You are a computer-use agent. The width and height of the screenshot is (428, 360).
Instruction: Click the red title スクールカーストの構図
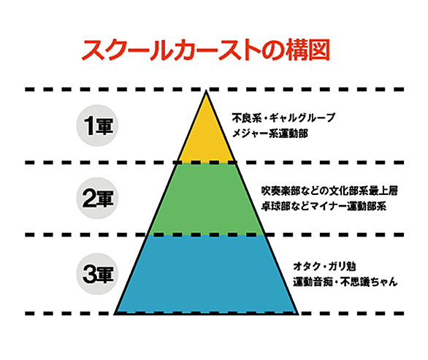tap(206, 50)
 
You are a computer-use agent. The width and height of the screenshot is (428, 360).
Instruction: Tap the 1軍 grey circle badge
tap(97, 126)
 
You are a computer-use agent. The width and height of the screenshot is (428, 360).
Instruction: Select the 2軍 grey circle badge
tap(97, 198)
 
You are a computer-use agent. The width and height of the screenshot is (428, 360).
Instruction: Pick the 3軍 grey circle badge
tap(97, 274)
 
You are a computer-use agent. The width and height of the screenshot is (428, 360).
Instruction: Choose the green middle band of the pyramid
tap(206, 199)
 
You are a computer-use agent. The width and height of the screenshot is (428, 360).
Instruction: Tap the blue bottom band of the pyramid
tap(206, 274)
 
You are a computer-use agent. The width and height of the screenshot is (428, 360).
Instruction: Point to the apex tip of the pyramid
tap(206, 91)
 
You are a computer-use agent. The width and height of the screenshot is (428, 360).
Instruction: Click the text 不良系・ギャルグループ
tap(283, 118)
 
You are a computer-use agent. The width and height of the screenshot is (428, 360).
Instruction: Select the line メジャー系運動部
tap(270, 134)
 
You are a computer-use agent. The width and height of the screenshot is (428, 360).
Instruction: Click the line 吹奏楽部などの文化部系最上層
tap(329, 191)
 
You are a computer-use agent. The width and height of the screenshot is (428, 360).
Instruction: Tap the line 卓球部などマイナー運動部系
tap(324, 206)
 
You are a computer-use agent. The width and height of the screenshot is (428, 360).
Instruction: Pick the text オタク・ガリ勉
tap(324, 266)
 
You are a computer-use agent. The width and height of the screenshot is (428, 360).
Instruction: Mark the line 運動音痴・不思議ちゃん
tap(345, 282)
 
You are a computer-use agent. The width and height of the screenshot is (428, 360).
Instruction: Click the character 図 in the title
tap(319, 50)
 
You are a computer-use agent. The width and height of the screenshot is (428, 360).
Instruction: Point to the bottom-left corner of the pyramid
tap(115, 314)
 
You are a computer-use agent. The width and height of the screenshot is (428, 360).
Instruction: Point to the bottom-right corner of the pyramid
tap(298, 314)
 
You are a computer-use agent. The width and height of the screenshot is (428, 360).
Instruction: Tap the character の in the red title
tap(273, 50)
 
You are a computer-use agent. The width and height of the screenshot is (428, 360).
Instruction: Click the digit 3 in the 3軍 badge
tap(88, 274)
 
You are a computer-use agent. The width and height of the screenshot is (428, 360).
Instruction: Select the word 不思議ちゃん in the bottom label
tap(369, 282)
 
